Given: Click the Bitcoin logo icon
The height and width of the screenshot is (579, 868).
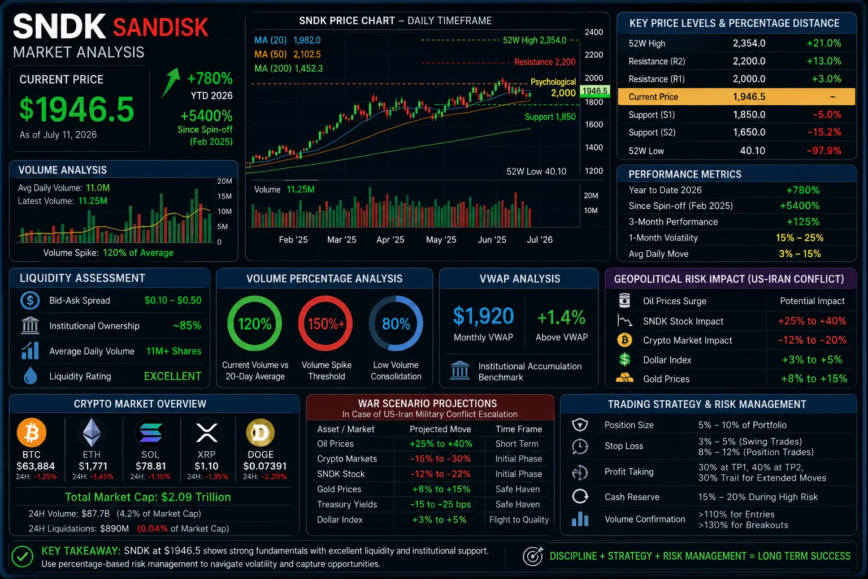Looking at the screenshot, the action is tap(32, 433).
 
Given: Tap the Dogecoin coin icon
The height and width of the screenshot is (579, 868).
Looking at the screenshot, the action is tap(261, 433).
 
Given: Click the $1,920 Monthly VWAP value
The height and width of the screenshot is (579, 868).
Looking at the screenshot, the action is tap(483, 316).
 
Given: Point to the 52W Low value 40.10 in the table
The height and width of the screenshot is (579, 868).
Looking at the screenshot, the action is tap(753, 150).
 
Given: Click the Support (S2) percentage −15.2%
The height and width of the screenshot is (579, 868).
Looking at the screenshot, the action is tap(824, 132).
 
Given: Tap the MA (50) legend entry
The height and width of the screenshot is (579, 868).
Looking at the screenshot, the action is tap(288, 54).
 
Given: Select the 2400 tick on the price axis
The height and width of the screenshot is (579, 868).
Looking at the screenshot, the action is tap(594, 32).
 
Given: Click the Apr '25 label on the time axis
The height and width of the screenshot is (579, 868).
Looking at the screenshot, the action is tap(390, 240).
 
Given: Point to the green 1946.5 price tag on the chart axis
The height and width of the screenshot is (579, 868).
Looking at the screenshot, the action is tap(595, 90).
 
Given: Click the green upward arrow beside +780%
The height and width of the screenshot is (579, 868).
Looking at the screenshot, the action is tap(170, 83).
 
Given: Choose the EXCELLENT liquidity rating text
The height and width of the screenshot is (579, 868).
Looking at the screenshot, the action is tap(172, 376).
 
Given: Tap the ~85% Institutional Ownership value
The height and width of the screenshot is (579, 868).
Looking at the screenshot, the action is tap(187, 325).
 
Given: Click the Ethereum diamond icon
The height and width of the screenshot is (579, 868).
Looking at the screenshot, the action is tap(92, 433).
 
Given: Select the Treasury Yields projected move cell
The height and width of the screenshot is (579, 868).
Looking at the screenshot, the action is tap(440, 504).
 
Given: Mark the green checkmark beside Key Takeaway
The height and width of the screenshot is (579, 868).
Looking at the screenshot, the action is tap(22, 556).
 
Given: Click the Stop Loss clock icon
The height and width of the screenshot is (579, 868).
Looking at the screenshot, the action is tap(580, 446).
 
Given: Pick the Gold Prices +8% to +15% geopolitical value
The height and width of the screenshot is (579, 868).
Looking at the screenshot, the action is tap(814, 378).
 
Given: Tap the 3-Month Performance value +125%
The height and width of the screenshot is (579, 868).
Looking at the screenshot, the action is tap(803, 222).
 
